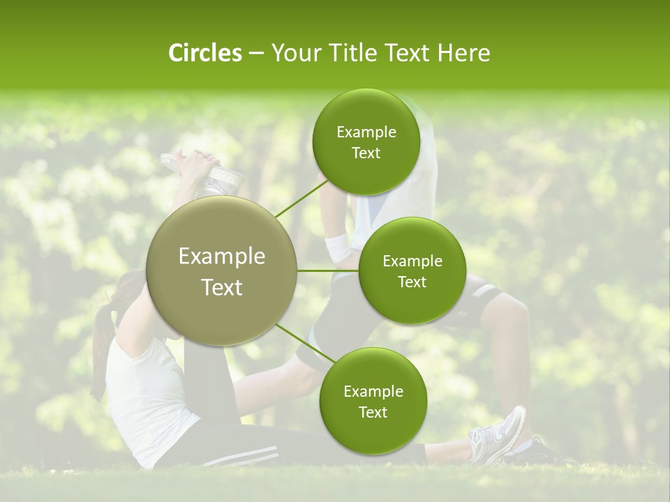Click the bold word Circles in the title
click(x=204, y=53)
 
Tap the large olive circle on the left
click(x=222, y=272)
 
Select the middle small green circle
click(x=412, y=271)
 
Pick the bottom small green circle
click(x=373, y=401)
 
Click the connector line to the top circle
click(x=297, y=201)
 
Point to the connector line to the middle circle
click(x=328, y=271)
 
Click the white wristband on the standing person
click(x=338, y=247)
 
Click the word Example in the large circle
click(x=222, y=257)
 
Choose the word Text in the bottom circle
click(x=373, y=412)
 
